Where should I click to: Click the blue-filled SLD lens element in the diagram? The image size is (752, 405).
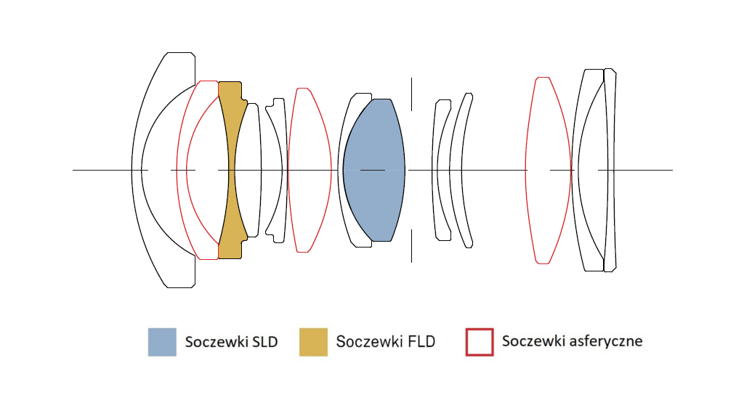click(374, 170)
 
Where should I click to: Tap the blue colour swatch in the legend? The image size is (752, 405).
click(162, 342)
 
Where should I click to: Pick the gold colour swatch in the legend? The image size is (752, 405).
click(313, 342)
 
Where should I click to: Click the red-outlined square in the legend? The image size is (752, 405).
click(480, 342)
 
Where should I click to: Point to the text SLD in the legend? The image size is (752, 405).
click(264, 342)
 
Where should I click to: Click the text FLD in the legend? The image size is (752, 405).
click(421, 342)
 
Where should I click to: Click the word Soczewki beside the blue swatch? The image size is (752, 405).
click(217, 342)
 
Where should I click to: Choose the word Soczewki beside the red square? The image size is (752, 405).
click(533, 341)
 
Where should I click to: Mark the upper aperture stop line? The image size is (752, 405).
click(411, 94)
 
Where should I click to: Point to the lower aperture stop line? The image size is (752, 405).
click(411, 246)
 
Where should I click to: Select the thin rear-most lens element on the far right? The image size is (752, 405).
click(610, 170)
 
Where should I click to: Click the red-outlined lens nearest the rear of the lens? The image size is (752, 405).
click(548, 170)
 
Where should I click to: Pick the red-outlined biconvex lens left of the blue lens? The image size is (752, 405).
click(310, 170)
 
